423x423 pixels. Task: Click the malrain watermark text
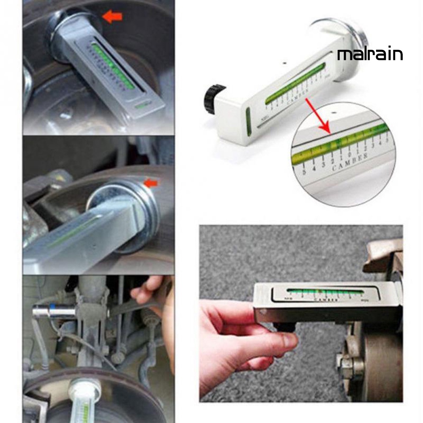point(370,55)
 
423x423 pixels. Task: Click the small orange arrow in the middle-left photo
point(151,183)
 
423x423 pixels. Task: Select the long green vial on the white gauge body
point(296,82)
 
